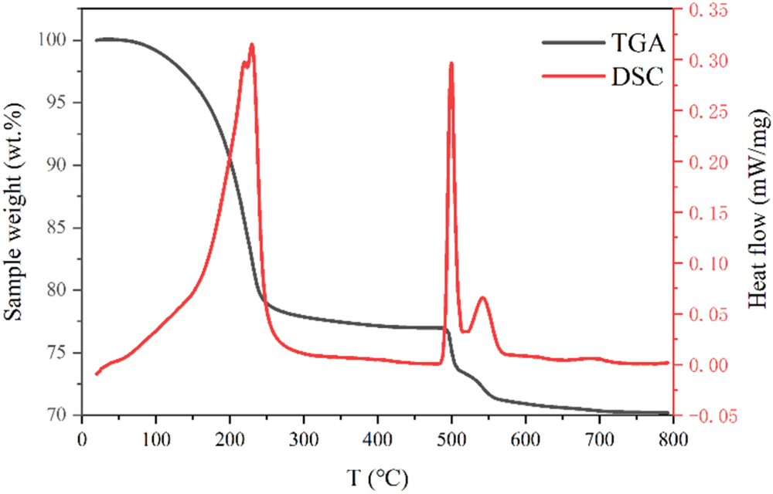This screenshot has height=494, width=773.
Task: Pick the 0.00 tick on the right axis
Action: click(x=704, y=365)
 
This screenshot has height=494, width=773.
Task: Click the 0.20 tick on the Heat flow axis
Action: click(x=704, y=162)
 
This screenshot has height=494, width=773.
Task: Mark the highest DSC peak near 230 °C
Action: click(x=251, y=45)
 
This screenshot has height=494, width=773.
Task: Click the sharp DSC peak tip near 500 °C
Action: click(x=451, y=63)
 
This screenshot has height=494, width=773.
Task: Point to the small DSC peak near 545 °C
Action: click(x=483, y=297)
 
